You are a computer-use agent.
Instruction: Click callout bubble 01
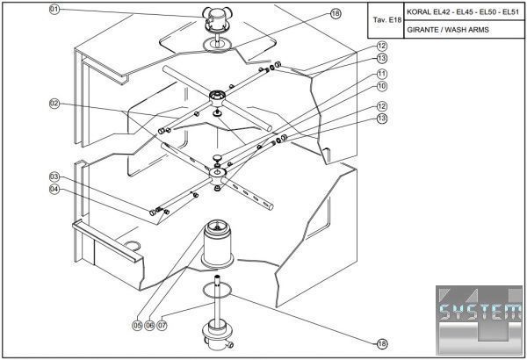[x=54, y=10]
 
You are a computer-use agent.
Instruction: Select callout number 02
[x=54, y=104]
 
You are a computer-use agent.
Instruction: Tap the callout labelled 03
[x=54, y=176]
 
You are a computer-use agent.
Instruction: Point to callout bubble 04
[x=54, y=189]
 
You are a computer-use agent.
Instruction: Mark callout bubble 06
[x=150, y=325]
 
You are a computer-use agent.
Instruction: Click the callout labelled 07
[x=162, y=325]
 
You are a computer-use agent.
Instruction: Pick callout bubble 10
[x=382, y=87]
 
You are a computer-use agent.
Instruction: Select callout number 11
[x=382, y=73]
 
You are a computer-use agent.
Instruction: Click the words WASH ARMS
[x=467, y=30]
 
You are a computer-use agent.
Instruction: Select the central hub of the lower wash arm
[x=216, y=177]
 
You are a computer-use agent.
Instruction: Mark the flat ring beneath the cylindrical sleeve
[x=215, y=287]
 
